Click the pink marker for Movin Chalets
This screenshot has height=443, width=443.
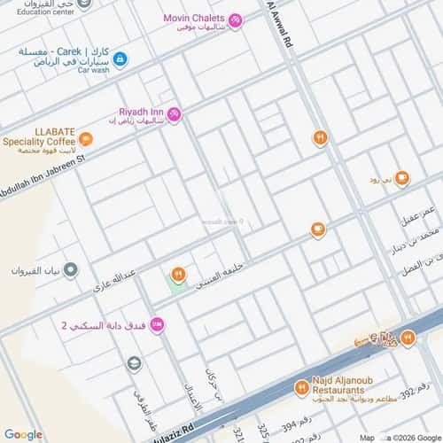click(235, 19)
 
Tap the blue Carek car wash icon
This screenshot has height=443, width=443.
click(120, 59)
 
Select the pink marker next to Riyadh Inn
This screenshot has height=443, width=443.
click(175, 113)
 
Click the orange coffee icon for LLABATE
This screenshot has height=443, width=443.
click(85, 138)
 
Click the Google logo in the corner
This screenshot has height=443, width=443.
click(23, 434)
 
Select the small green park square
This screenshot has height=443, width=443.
click(177, 287)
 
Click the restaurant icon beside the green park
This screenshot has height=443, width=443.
click(178, 274)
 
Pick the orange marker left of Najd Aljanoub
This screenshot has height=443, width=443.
click(301, 387)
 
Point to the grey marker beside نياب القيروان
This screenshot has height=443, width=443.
click(71, 269)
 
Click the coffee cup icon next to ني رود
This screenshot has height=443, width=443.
click(402, 178)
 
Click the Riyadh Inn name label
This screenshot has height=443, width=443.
click(141, 112)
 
